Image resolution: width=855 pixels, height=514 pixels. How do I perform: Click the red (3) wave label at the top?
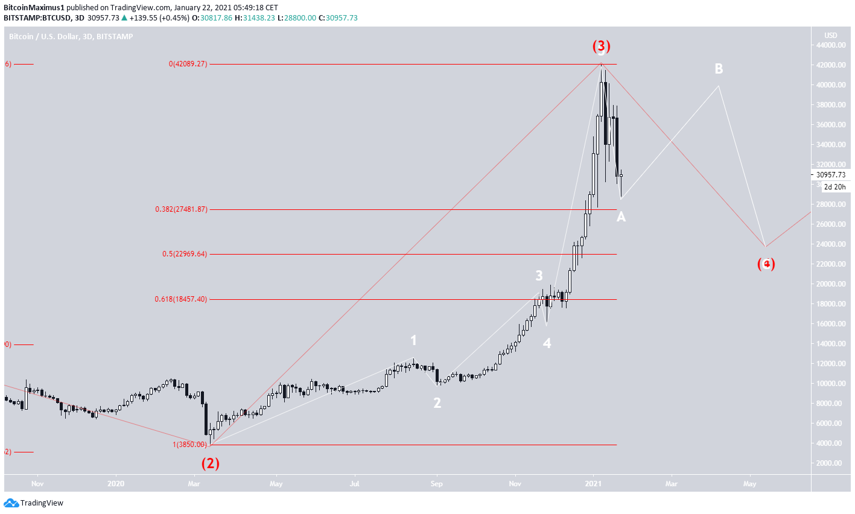[x=601, y=46]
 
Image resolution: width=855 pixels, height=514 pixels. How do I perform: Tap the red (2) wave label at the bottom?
[x=210, y=463]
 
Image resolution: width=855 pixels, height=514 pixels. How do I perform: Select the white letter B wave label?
[x=719, y=69]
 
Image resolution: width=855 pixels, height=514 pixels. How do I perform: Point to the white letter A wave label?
[x=621, y=217]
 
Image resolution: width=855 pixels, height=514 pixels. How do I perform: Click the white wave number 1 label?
[x=413, y=341]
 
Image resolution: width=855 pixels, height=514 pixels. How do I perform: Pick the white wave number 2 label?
[x=437, y=403]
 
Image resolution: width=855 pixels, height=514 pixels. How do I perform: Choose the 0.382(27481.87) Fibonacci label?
[x=181, y=209]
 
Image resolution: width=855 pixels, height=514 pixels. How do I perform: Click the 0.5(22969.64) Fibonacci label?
[x=184, y=254]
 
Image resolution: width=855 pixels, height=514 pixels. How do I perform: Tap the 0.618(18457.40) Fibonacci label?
[x=181, y=299]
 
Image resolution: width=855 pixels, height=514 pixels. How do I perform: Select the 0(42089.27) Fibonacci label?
[x=188, y=64]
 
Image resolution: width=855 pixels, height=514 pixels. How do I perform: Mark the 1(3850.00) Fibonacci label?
[x=189, y=445]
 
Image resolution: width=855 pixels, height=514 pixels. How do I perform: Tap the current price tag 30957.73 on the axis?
[x=831, y=175]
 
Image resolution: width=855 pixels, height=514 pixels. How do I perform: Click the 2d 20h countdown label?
[x=836, y=187]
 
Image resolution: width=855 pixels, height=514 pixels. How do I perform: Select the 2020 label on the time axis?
[x=115, y=483]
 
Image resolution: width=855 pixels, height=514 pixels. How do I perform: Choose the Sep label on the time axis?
[x=437, y=483]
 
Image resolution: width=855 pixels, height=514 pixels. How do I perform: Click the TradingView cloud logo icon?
[x=11, y=503]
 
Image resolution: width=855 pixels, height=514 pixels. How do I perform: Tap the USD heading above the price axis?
[x=831, y=35]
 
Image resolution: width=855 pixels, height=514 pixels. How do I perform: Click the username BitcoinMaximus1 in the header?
[x=34, y=8]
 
